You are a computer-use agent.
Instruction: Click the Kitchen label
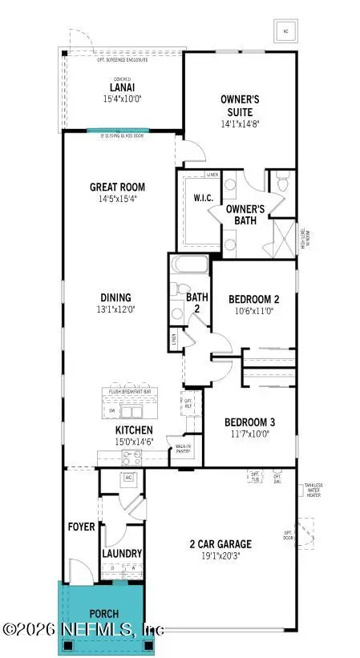128,430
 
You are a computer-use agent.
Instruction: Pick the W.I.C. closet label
202,198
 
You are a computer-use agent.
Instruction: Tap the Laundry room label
122,553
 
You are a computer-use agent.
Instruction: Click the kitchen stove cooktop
130,458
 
